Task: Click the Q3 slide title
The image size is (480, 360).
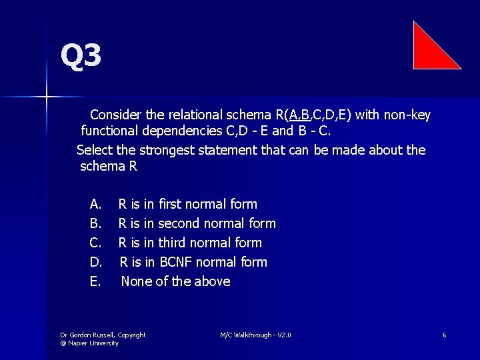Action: coord(81,56)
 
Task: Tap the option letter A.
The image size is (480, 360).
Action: coord(95,204)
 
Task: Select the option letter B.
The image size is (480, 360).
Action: coord(95,223)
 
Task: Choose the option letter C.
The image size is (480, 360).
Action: coord(95,243)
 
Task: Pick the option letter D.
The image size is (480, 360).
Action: coord(95,262)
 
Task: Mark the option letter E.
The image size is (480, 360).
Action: coord(95,281)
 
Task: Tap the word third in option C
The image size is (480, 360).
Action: coord(172,243)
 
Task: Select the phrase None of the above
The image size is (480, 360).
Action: coord(175,281)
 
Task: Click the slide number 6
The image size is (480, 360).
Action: coord(443,335)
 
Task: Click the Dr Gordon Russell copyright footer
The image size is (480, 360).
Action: coord(103,339)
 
